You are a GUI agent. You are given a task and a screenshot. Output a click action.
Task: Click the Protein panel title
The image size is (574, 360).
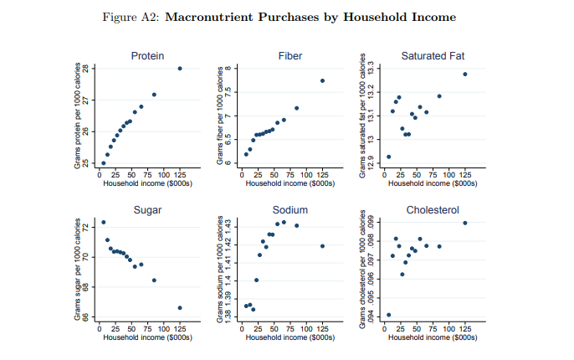point(147,55)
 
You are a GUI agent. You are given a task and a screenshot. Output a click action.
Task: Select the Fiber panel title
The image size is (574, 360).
point(290,55)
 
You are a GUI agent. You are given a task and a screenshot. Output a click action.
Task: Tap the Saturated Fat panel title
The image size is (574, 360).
point(432,55)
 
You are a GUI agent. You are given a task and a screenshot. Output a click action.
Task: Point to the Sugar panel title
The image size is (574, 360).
point(147,209)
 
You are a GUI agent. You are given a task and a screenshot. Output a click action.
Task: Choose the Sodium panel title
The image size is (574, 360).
point(290,209)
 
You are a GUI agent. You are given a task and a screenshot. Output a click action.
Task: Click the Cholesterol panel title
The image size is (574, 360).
point(432,209)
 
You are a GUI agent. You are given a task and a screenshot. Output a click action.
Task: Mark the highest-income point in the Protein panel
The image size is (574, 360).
point(180,69)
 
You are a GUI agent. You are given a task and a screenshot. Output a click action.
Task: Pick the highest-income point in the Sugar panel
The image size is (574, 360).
point(180,308)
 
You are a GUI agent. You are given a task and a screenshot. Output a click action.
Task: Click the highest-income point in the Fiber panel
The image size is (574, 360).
point(322,80)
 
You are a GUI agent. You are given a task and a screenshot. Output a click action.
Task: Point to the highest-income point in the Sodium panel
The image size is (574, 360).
point(322,245)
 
